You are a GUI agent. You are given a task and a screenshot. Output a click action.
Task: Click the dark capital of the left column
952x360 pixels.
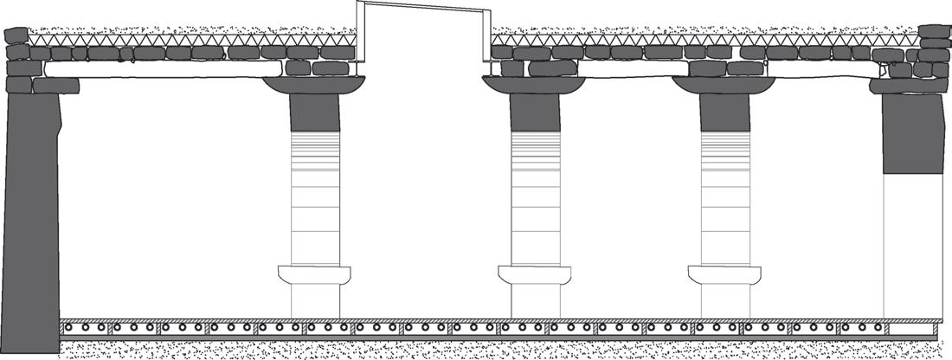tap(315, 85)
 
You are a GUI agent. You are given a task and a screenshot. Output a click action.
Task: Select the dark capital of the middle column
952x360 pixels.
tap(534, 85)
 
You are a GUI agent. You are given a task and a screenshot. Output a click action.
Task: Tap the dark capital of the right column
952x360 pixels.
tap(724, 85)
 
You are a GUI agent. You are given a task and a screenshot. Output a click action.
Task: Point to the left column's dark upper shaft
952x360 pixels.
tap(315, 112)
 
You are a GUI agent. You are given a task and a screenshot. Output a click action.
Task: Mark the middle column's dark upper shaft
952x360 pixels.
tap(535, 112)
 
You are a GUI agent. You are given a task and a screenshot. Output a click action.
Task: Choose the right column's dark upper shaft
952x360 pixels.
tap(724, 112)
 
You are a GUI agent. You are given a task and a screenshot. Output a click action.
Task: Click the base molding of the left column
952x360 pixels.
tap(315, 275)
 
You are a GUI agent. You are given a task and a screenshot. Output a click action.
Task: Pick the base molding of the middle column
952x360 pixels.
tap(535, 275)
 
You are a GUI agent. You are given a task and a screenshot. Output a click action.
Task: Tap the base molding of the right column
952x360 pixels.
tap(724, 275)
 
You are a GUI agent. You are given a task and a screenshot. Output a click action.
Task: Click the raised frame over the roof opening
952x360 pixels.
tap(421, 9)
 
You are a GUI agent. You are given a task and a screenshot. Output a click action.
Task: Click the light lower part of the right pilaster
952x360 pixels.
tap(905, 242)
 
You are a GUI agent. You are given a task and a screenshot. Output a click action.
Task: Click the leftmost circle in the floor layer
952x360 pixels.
tap(72, 328)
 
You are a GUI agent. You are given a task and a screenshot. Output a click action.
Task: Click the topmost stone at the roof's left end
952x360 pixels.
tap(16, 35)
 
